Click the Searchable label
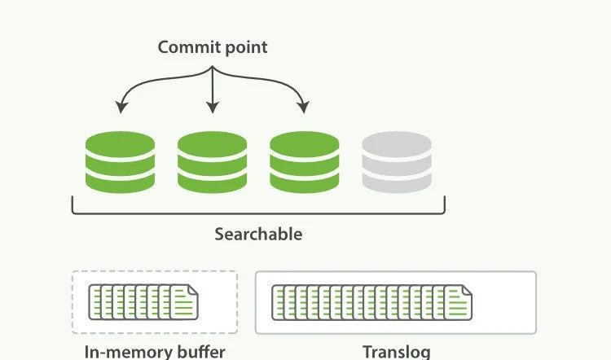[x=258, y=235]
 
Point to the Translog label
[x=396, y=352]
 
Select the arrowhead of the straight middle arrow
[x=213, y=108]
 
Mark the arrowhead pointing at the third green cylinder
[x=304, y=108]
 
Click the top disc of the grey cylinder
[x=397, y=144]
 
